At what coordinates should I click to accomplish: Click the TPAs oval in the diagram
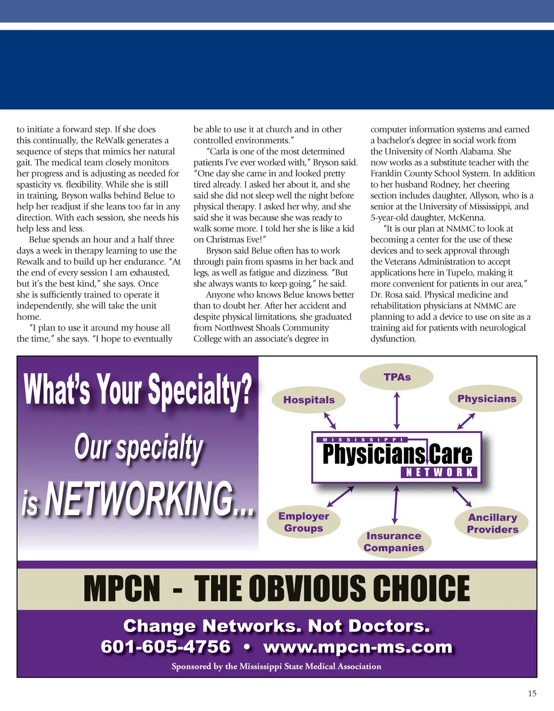point(397,377)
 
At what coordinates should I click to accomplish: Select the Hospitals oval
point(309,400)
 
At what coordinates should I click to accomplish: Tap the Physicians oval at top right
point(486,399)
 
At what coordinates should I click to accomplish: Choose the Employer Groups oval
point(304,522)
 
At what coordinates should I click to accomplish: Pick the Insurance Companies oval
point(393,542)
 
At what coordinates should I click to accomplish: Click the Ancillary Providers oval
point(492,523)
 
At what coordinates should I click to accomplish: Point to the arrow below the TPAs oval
point(397,411)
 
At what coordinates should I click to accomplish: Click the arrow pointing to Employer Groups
point(340,496)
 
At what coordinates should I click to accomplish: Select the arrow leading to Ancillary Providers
point(461,496)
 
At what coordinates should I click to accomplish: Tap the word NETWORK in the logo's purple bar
point(440,472)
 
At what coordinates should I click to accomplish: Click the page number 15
point(532,693)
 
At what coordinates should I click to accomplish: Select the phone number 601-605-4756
point(166,647)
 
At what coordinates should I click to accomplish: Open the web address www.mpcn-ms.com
point(358,647)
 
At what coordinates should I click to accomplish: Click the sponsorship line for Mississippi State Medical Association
point(276,666)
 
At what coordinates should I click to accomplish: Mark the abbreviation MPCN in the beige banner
point(122,589)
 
